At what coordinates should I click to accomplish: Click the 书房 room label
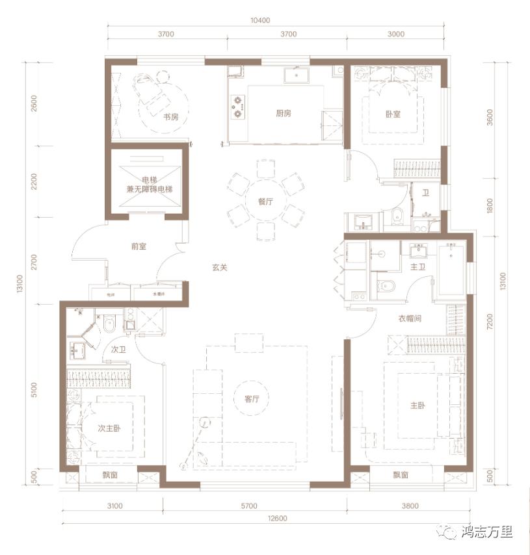pos(170,117)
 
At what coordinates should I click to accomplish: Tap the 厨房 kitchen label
pos(283,113)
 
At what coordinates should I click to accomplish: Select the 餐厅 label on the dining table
pos(265,201)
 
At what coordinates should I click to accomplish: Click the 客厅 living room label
pos(261,399)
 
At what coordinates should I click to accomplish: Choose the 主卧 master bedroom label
pos(417,406)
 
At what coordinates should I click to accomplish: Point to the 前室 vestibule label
pos(139,246)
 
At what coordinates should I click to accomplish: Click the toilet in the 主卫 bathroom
pos(388,285)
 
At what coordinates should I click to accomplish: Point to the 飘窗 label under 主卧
pos(401,475)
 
